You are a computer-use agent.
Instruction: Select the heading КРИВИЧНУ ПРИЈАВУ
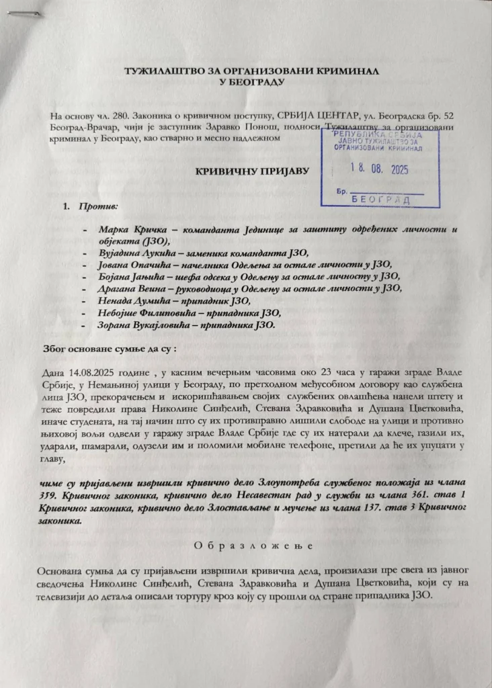(252, 171)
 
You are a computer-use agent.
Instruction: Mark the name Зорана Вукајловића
(138, 325)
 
